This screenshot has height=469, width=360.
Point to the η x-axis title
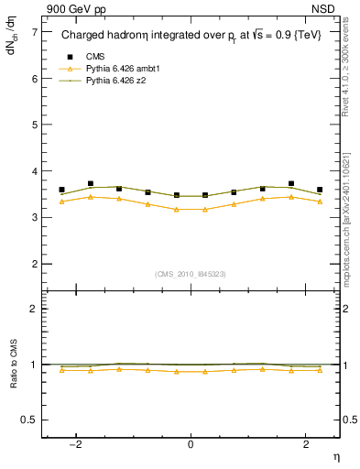tap(335, 457)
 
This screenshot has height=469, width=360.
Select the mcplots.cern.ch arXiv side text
tap(352, 211)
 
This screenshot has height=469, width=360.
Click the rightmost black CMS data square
tap(320, 190)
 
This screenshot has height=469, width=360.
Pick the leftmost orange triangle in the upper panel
tap(61, 202)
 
